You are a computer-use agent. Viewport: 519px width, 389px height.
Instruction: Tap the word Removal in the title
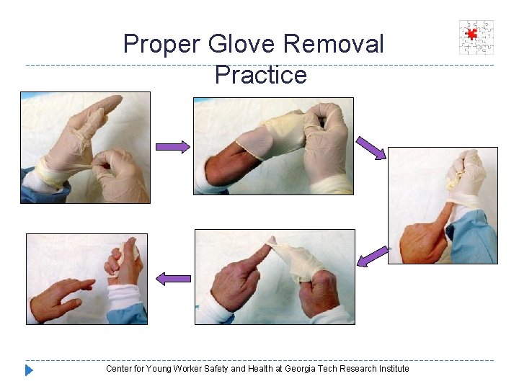point(334,45)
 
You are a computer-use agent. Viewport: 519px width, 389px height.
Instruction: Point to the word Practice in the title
point(260,74)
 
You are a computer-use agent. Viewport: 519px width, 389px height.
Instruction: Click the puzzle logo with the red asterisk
point(476,37)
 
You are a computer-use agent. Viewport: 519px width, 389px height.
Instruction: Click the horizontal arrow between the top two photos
point(173,146)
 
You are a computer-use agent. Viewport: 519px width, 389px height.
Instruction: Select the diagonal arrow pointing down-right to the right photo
point(371,147)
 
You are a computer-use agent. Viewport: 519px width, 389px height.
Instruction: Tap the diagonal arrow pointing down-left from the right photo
point(373,256)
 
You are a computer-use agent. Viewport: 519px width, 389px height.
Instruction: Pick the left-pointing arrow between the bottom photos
point(174,278)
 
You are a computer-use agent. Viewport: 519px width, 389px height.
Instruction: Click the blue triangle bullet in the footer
point(29,370)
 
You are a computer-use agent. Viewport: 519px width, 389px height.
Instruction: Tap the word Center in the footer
point(119,369)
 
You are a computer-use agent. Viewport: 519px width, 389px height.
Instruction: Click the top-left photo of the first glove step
point(85,147)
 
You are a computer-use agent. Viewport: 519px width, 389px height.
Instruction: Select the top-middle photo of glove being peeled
point(273,146)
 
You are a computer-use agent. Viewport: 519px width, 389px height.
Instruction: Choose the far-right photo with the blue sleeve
point(443,205)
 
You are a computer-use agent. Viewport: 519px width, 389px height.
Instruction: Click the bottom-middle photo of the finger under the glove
point(275,277)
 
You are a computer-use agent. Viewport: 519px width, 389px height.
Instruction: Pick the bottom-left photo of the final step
point(86,279)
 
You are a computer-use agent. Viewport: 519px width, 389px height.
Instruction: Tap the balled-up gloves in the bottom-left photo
point(122,260)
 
